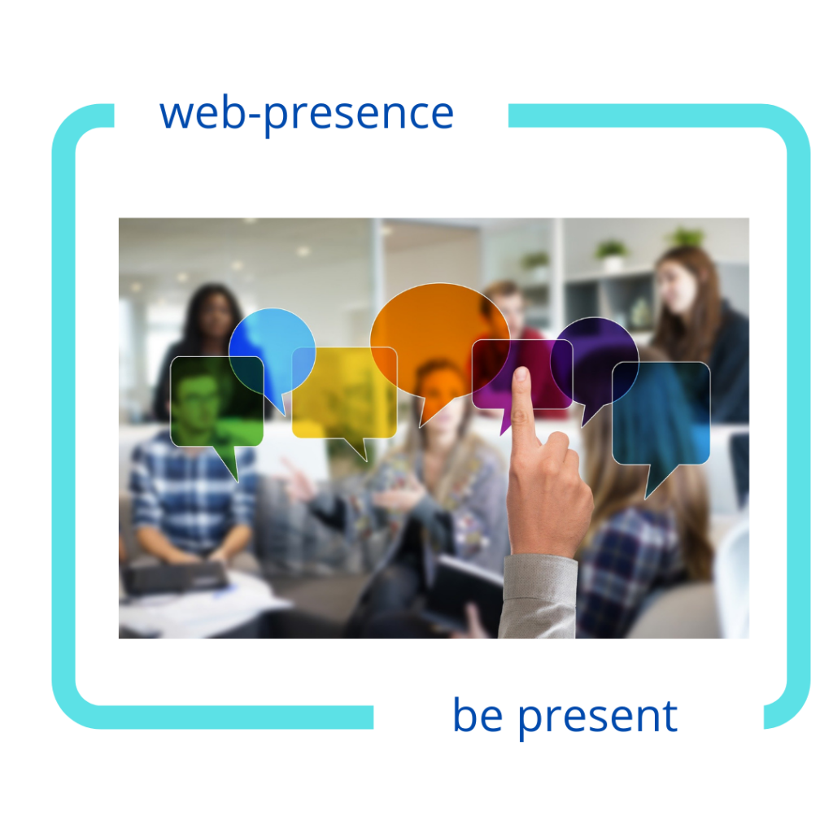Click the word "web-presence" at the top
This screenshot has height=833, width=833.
(307, 114)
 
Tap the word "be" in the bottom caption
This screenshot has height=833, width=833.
(478, 715)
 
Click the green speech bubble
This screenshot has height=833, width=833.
(216, 403)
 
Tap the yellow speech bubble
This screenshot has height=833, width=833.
(344, 393)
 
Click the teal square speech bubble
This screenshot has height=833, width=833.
(661, 414)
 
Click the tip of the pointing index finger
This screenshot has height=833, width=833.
(521, 370)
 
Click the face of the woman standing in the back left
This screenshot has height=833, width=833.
(215, 316)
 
